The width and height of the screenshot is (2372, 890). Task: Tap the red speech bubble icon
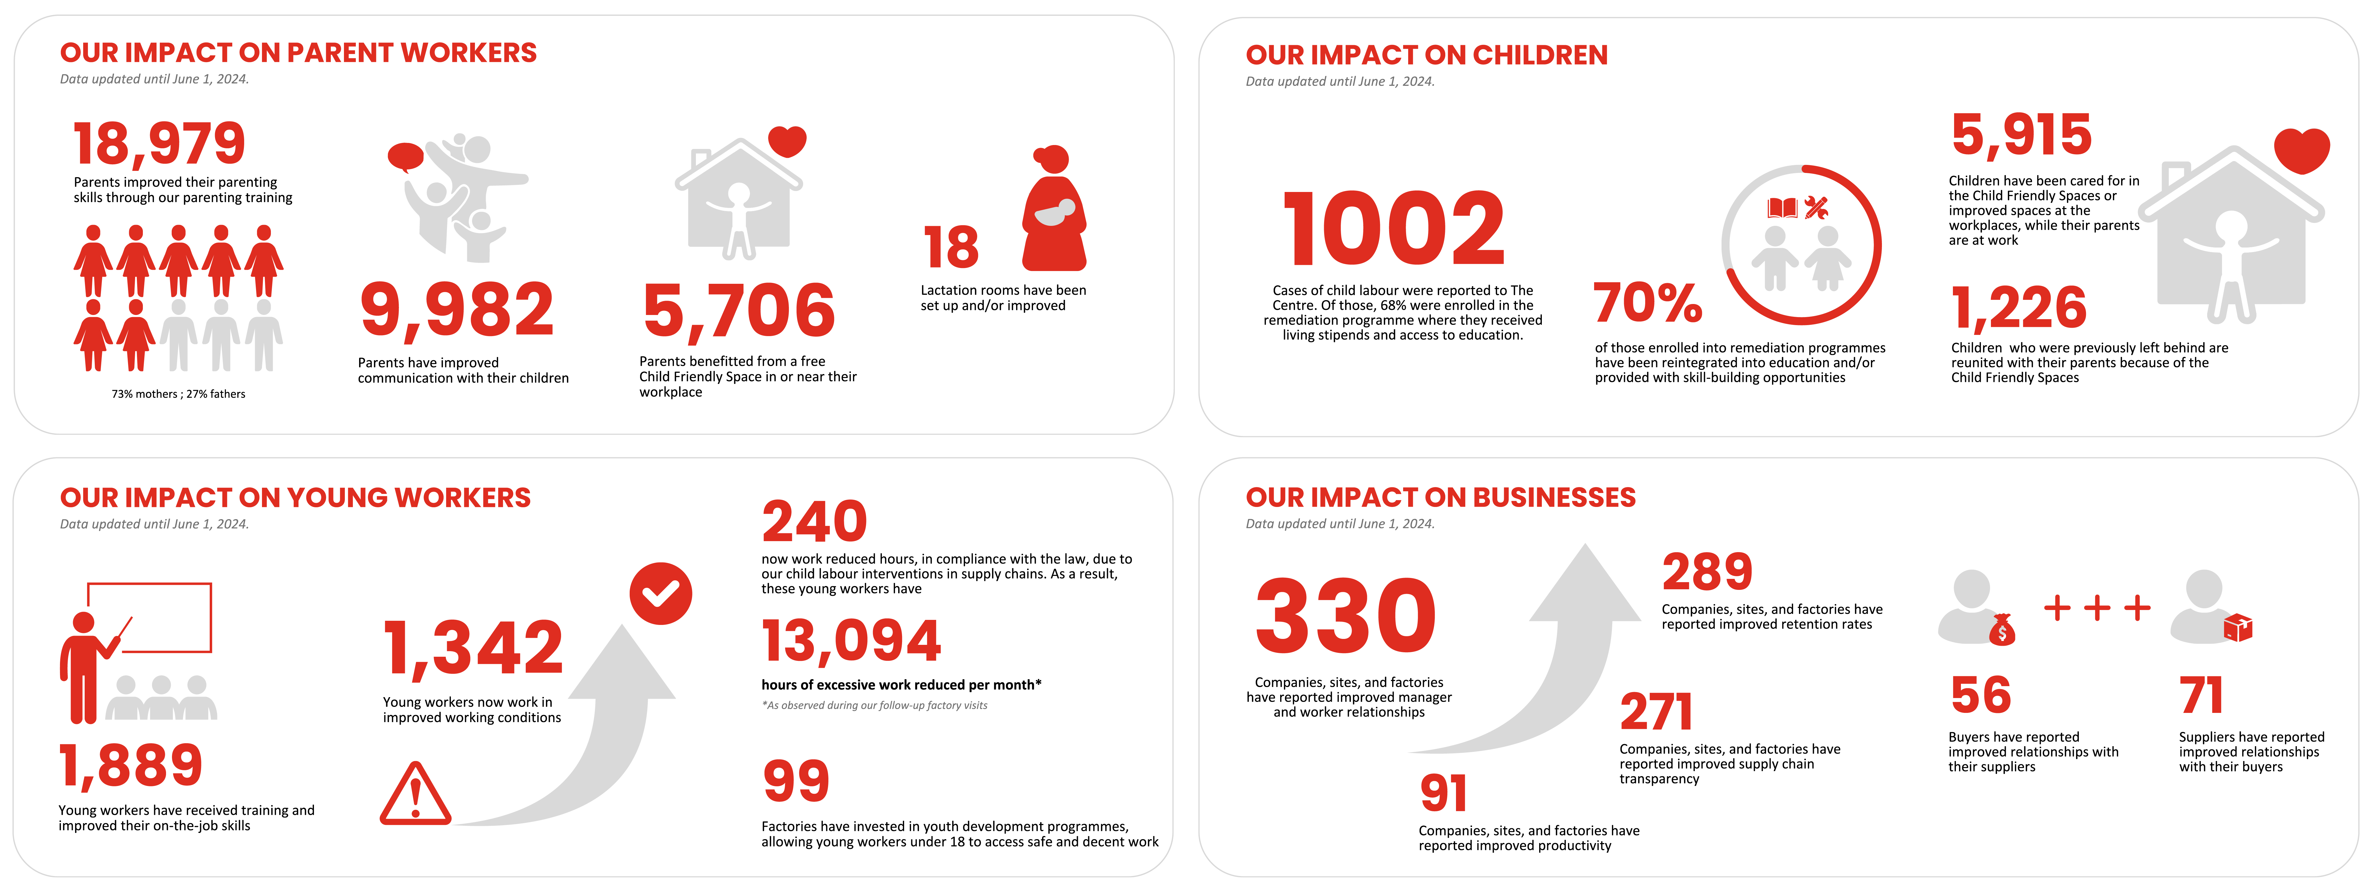(x=405, y=157)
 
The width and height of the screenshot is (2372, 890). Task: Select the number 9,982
(x=457, y=311)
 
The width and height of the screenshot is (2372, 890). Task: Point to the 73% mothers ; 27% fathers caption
(x=179, y=394)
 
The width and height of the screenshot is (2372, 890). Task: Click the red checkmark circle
(x=660, y=593)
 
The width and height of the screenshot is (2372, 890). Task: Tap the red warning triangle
(x=415, y=794)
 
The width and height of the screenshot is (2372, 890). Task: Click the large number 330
(x=1345, y=615)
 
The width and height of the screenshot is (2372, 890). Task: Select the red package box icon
(x=2237, y=628)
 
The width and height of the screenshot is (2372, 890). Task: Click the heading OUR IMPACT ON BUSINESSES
(x=1440, y=497)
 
